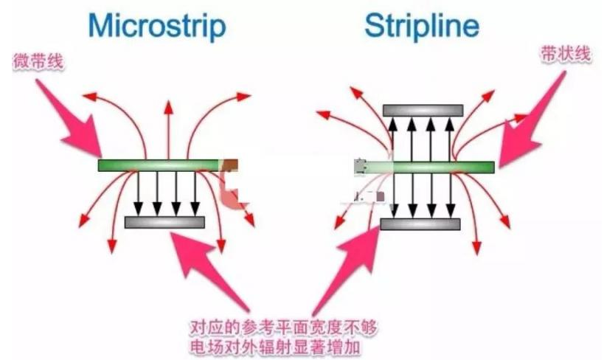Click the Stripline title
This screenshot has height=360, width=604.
pyautogui.click(x=421, y=27)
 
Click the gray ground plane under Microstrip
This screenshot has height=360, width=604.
pyautogui.click(x=164, y=222)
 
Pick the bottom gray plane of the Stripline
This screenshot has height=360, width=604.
pyautogui.click(x=420, y=224)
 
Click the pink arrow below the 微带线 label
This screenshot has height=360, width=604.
pyautogui.click(x=70, y=118)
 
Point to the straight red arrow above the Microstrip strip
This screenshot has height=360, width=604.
pyautogui.click(x=168, y=129)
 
